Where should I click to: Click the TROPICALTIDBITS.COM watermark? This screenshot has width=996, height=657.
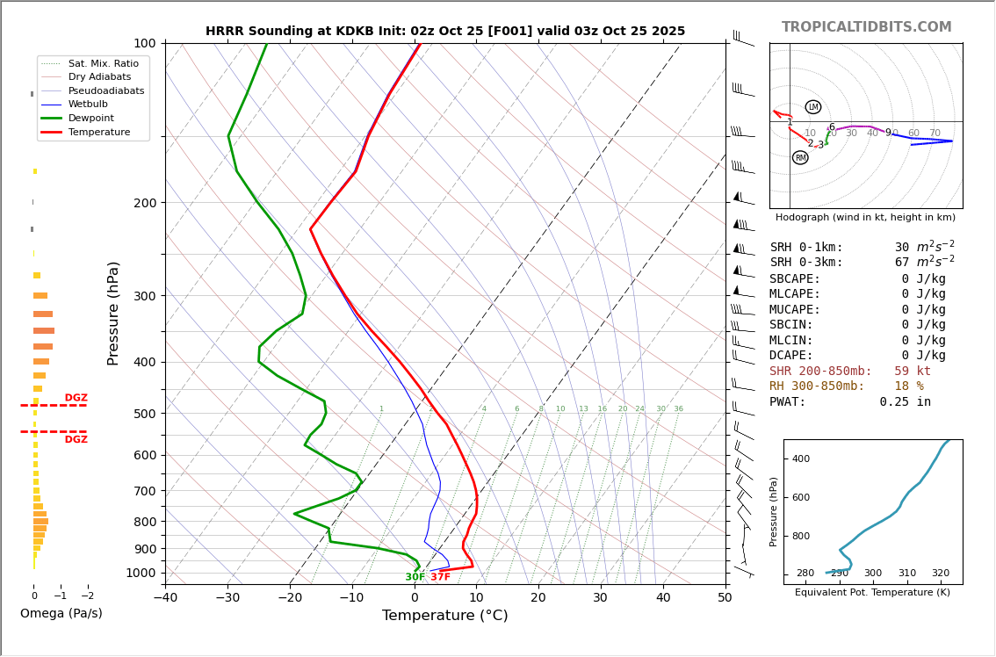(866, 27)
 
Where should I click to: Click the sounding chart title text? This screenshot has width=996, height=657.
(445, 31)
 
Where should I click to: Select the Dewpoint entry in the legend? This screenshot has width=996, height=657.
(91, 118)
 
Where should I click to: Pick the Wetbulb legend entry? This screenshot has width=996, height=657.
(88, 104)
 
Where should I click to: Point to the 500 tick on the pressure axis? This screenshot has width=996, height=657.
(144, 414)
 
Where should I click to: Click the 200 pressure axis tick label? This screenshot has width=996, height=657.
(144, 203)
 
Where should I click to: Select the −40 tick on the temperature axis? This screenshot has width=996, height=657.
(165, 599)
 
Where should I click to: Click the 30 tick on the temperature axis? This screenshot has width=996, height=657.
(600, 599)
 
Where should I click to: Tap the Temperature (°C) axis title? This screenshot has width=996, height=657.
(444, 617)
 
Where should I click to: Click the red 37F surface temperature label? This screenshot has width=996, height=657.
(440, 577)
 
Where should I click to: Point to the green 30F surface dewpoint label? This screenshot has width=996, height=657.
(415, 577)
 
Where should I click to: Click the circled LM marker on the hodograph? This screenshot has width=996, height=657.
(813, 107)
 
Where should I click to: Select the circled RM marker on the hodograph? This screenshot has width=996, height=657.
(800, 158)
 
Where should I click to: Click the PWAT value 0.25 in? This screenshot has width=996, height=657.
(905, 402)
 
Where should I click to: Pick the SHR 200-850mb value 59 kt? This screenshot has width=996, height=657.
(913, 372)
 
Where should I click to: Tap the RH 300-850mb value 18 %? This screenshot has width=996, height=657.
(908, 386)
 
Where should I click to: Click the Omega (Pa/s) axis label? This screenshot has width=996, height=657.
(61, 614)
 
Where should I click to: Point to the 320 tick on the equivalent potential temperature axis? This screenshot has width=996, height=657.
(940, 574)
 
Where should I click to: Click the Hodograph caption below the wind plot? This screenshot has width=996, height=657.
(865, 218)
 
